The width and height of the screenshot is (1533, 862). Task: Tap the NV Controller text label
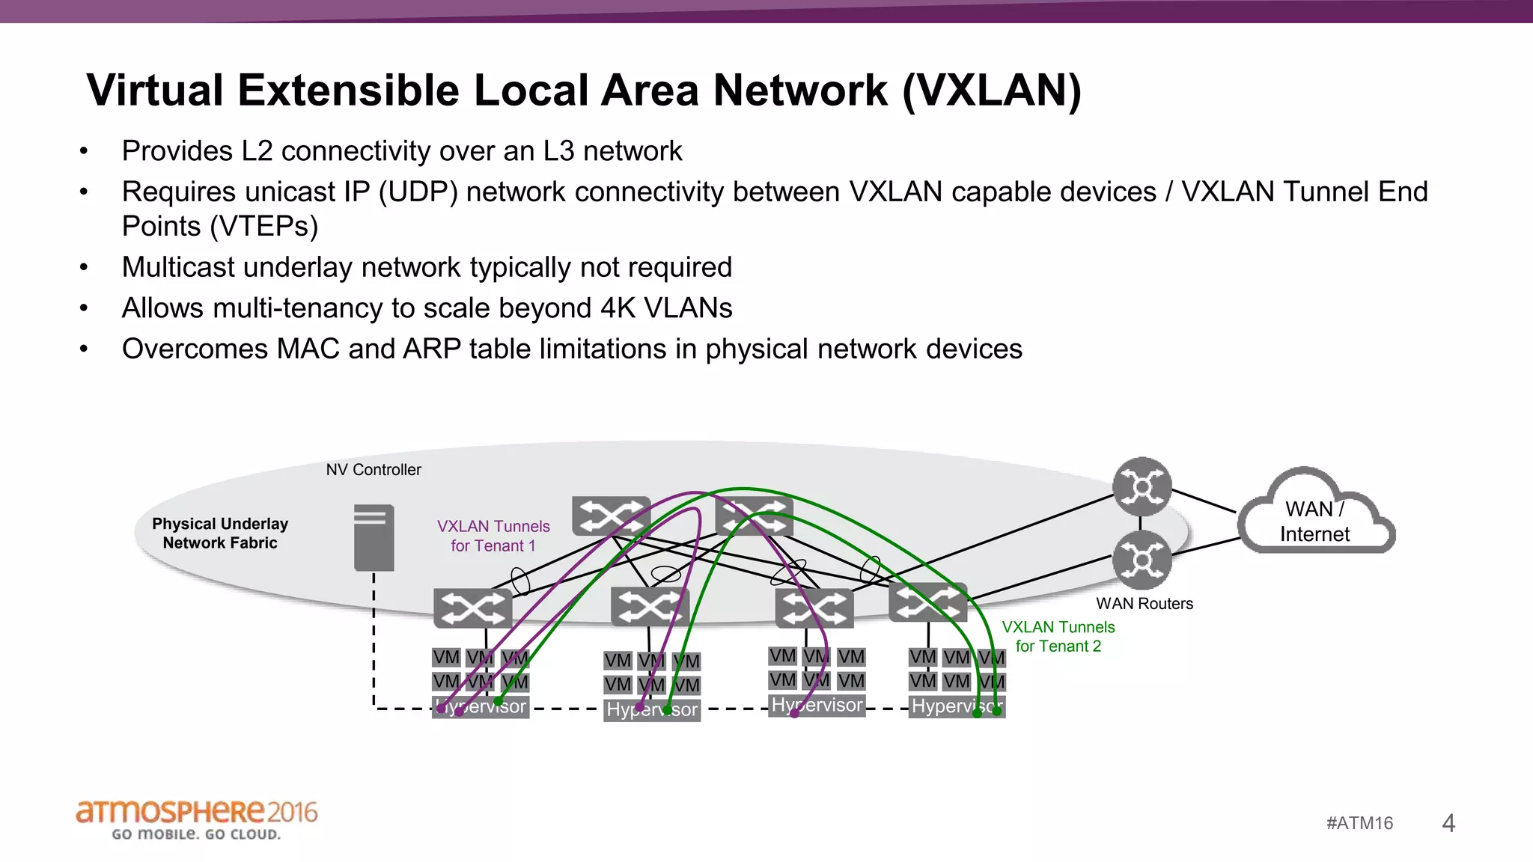[374, 470]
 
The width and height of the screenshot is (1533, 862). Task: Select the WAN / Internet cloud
[1316, 517]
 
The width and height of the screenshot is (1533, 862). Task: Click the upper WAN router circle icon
[1142, 487]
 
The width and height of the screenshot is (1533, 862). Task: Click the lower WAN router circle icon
[1142, 560]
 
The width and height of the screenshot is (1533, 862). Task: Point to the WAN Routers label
[1144, 604]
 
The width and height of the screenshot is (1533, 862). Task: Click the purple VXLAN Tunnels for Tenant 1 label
[493, 536]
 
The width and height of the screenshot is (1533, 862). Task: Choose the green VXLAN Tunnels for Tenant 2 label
[1058, 636]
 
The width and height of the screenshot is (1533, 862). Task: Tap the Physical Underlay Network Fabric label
[220, 533]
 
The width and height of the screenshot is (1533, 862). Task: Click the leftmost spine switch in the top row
[610, 516]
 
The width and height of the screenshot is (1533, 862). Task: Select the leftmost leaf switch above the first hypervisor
[472, 608]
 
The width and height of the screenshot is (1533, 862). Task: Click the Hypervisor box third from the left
[817, 705]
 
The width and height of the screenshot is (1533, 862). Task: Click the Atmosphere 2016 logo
[196, 819]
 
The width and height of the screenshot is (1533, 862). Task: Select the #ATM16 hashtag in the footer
[1359, 823]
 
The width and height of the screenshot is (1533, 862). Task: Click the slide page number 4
[1448, 823]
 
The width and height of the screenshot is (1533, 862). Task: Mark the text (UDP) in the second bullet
[418, 192]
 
